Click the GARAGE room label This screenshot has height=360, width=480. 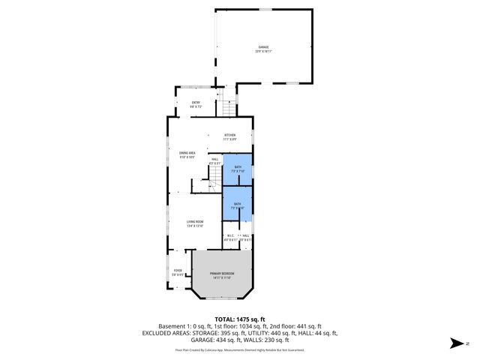point(263,47)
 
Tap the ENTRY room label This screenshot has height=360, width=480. point(196,103)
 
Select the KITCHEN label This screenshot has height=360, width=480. point(229,135)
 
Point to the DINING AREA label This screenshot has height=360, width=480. point(187,152)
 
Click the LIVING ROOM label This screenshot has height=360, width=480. point(195,220)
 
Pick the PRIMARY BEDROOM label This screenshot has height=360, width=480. point(222,274)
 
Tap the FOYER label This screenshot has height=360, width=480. point(178,270)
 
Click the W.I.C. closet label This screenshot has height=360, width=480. point(231,236)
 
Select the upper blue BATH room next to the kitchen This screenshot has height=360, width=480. point(237,169)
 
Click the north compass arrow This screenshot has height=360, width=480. point(454,343)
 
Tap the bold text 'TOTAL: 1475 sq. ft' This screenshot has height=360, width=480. point(240,319)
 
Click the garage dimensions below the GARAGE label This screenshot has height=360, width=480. point(263,52)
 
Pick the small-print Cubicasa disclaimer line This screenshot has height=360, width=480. point(240,349)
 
